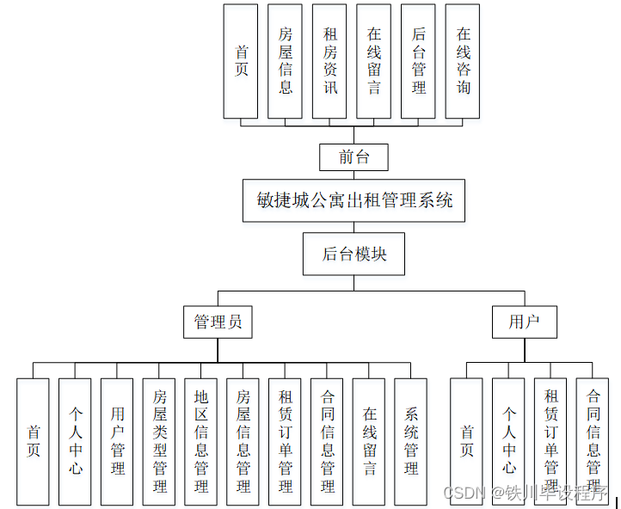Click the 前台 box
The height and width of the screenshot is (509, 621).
354,157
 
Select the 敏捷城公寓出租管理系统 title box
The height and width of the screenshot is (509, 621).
354,200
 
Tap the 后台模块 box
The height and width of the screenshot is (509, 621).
354,254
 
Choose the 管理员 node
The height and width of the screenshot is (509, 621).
218,322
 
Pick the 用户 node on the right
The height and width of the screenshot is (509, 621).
524,322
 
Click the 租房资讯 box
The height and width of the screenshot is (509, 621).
330,61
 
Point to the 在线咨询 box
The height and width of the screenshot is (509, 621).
464,61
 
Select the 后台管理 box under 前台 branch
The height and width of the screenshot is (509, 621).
419,61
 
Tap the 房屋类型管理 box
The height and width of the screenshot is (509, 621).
160,442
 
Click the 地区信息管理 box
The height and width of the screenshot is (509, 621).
201,442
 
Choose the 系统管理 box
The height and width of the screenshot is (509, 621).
411,442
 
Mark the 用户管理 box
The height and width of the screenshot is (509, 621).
118,442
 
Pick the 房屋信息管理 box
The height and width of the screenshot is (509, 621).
243,442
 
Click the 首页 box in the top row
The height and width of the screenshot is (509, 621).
241,61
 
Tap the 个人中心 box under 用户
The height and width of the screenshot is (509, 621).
509,442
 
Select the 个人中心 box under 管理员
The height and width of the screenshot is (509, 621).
76,442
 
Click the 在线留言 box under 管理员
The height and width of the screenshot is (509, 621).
369,442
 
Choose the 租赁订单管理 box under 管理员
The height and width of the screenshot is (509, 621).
286,442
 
